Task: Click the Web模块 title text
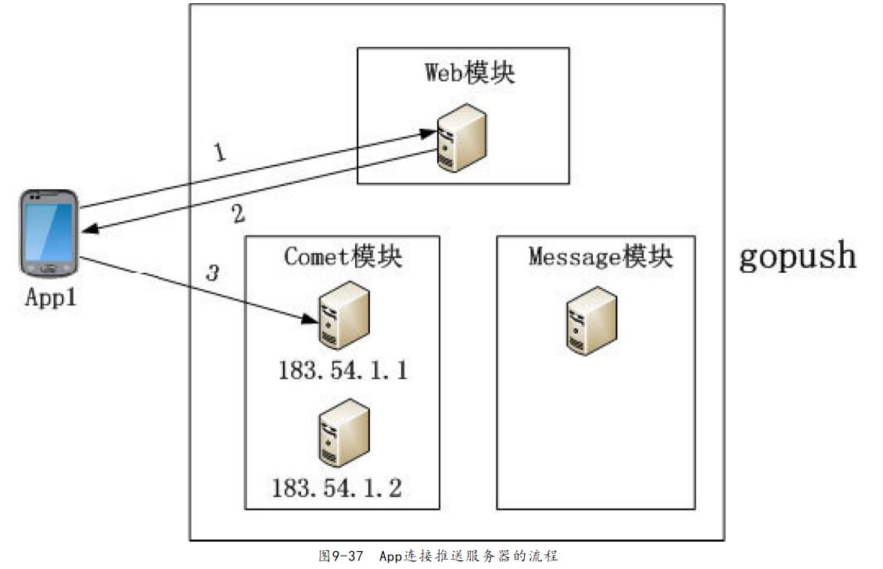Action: pyautogui.click(x=470, y=73)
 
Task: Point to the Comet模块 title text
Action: pyautogui.click(x=343, y=256)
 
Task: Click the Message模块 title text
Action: pyautogui.click(x=600, y=256)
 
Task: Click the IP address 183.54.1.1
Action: pyautogui.click(x=343, y=370)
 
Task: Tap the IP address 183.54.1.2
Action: pyautogui.click(x=337, y=488)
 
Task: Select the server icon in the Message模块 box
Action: pyautogui.click(x=592, y=320)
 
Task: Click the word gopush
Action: pyautogui.click(x=798, y=257)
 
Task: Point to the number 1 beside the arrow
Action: pyautogui.click(x=221, y=152)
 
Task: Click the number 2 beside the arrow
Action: pyautogui.click(x=239, y=214)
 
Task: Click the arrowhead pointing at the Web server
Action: pyautogui.click(x=429, y=135)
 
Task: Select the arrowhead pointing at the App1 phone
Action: pyautogui.click(x=88, y=228)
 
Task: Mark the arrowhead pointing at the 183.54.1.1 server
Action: pyautogui.click(x=311, y=319)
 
